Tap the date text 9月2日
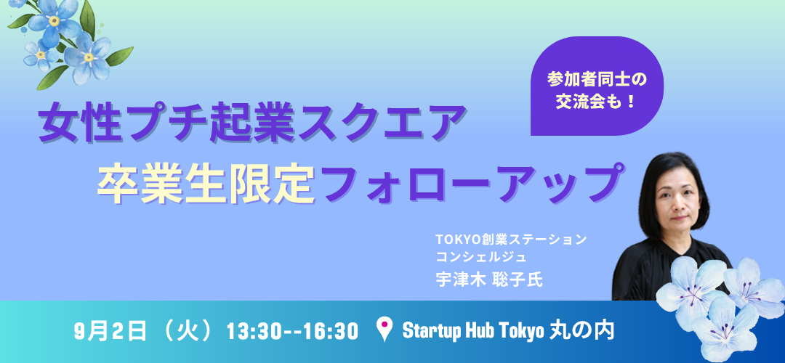tap(110, 332)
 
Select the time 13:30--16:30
tap(293, 332)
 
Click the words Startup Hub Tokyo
tap(473, 331)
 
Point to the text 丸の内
tap(581, 331)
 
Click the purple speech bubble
tap(597, 86)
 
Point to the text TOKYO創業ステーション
tap(511, 240)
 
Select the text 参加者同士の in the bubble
tap(597, 79)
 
